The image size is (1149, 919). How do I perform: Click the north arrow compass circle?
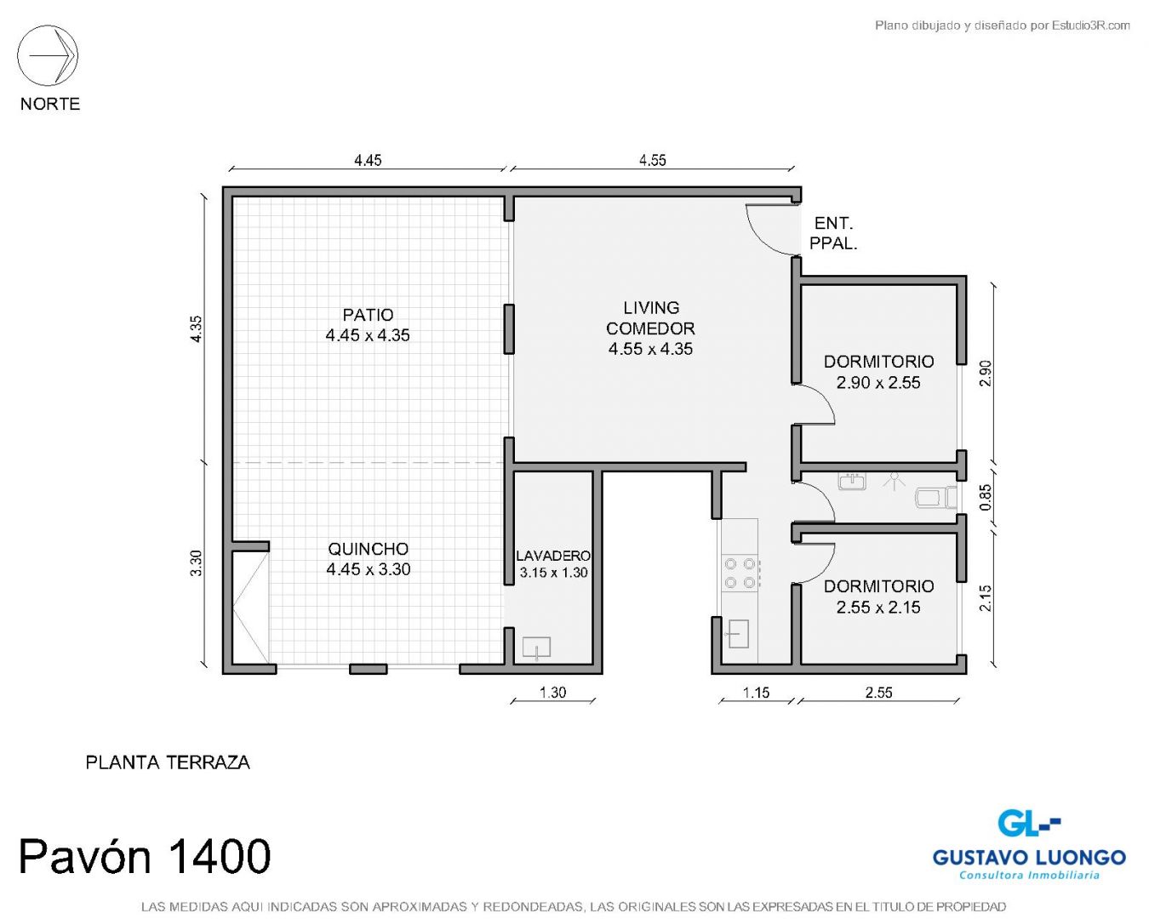[x=48, y=25]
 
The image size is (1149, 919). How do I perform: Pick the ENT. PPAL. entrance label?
[x=833, y=233]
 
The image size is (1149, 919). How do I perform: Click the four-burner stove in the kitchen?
[x=740, y=573]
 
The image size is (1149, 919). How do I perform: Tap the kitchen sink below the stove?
[x=737, y=634]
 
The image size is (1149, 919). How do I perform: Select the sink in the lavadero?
[x=536, y=648]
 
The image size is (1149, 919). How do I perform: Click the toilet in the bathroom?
[x=935, y=498]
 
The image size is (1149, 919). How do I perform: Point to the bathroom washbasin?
[x=852, y=481]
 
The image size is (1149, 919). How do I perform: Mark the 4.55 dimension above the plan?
[x=653, y=160]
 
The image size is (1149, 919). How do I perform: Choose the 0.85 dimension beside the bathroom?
[x=986, y=497]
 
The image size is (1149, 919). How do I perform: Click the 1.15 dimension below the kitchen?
[x=756, y=693]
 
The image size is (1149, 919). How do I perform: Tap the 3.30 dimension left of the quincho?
[x=196, y=563]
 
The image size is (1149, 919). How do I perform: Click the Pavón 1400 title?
[x=145, y=856]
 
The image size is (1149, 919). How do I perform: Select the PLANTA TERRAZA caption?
[x=168, y=762]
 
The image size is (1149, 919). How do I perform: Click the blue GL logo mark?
[x=1028, y=824]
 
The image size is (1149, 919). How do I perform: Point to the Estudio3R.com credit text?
[x=1002, y=25]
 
